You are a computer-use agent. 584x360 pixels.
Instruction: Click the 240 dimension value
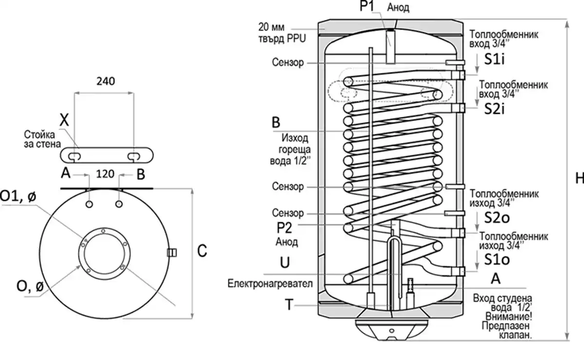[106, 81]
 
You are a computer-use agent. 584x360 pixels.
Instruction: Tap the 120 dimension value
[105, 174]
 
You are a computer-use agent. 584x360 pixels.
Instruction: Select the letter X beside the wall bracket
[64, 120]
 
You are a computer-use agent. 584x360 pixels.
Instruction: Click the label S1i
[494, 59]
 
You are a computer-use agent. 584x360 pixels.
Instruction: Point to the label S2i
[494, 109]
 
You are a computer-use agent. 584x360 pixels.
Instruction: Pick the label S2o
[497, 218]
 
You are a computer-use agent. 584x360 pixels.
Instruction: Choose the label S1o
[497, 259]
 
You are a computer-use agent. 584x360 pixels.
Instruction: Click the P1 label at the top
[367, 6]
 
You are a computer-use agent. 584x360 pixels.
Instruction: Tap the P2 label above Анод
[284, 228]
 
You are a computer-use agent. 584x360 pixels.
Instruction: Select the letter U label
[285, 262]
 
